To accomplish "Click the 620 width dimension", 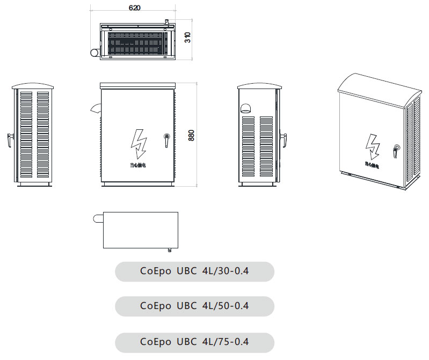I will click(135, 8).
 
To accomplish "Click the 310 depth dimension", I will click(187, 38).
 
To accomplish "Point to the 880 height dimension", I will click(192, 135).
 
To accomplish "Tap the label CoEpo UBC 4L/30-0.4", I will click(194, 271).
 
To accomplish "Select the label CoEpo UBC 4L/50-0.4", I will click(194, 306).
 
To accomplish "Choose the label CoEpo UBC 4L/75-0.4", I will click(194, 342).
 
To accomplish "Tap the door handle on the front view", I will click(166, 139).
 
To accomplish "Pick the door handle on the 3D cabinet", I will click(396, 150).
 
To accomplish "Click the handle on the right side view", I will click(284, 138).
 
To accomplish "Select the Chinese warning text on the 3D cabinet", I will click(373, 165).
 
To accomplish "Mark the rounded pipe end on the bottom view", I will click(98, 218).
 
